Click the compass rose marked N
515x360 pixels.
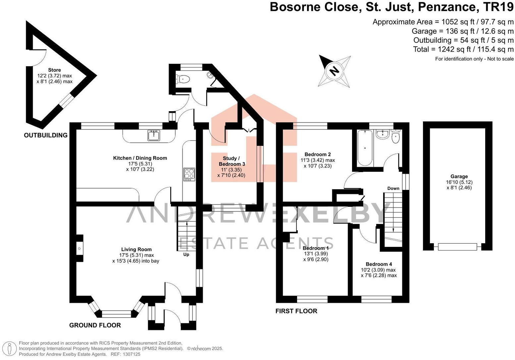click(335, 71)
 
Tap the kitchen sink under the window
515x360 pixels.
click(154, 135)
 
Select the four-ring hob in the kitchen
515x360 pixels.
click(189, 174)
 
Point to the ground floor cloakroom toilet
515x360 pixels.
click(183, 79)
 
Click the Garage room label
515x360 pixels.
click(459, 176)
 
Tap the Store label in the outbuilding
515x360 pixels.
click(54, 70)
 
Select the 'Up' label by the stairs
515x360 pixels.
click(186, 254)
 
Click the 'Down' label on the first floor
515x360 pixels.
click(393, 188)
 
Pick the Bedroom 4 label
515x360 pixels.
click(379, 264)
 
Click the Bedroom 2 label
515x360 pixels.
click(317, 154)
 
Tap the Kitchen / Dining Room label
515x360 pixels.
click(140, 158)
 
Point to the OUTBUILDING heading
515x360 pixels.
click(46, 135)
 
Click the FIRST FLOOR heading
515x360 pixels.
click(296, 311)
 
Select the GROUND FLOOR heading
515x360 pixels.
click(95, 325)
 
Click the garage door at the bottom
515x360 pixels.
click(457, 247)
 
